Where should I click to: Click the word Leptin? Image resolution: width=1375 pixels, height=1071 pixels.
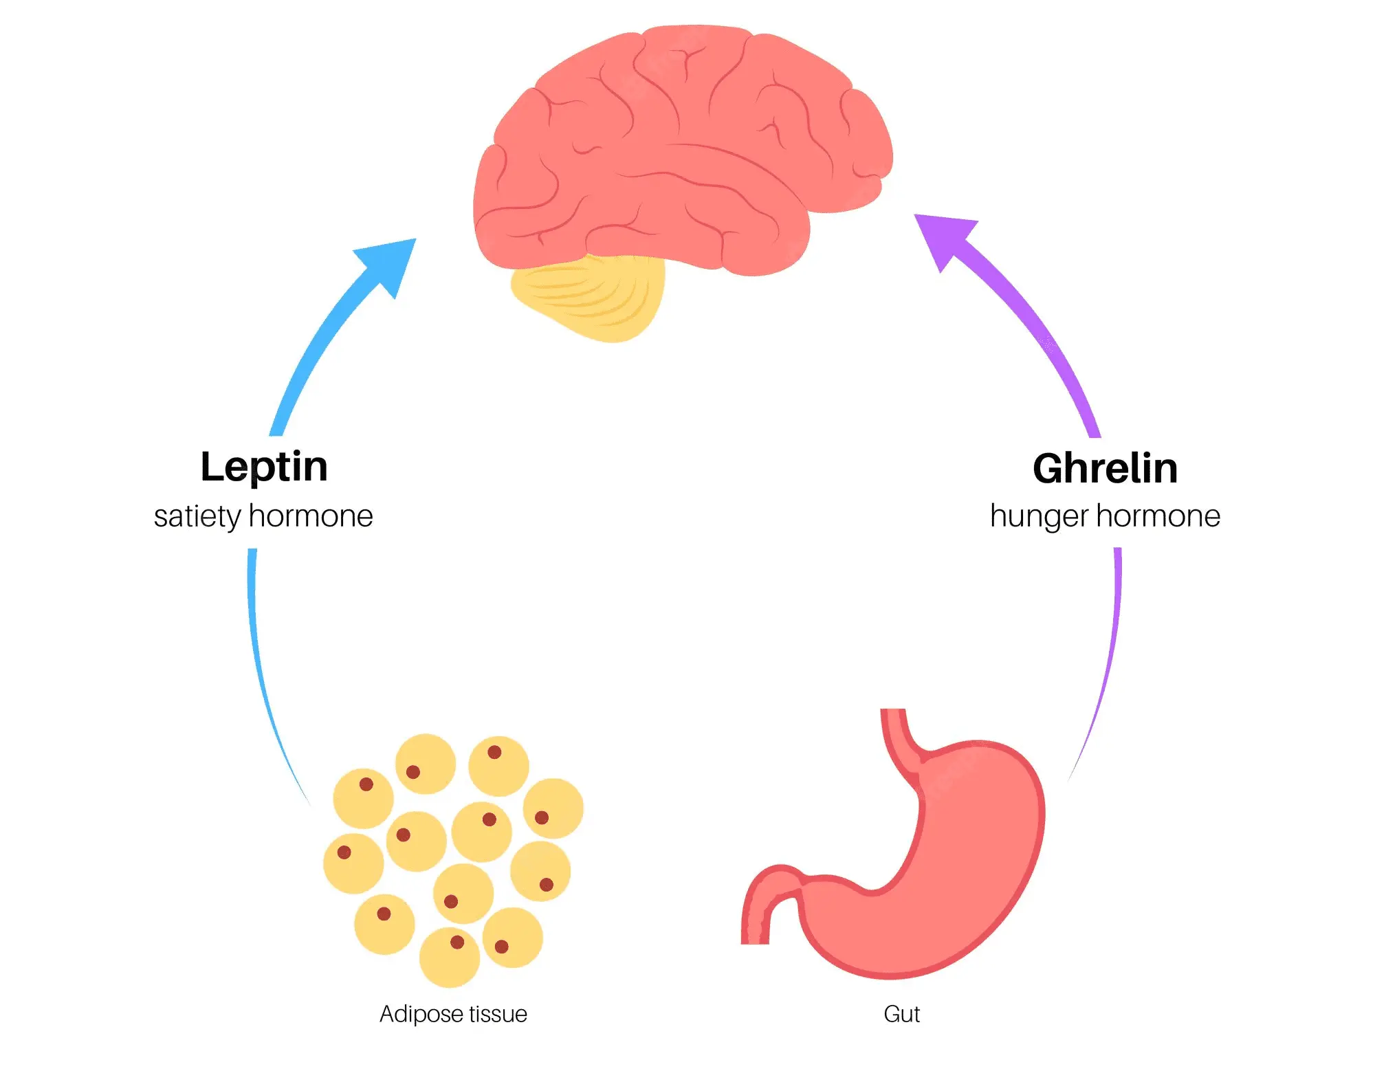click(x=264, y=467)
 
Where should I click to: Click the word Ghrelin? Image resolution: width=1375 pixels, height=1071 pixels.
click(x=1105, y=469)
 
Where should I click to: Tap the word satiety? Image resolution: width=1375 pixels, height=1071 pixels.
click(x=197, y=517)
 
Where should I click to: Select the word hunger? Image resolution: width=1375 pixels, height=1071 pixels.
click(x=1039, y=517)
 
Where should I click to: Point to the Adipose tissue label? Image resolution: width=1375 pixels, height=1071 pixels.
click(x=453, y=1014)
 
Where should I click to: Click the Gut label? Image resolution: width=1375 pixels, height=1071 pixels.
click(x=901, y=1014)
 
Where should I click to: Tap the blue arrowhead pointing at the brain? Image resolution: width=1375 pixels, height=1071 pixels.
click(x=389, y=264)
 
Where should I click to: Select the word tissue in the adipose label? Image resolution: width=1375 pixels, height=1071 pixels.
click(x=498, y=1014)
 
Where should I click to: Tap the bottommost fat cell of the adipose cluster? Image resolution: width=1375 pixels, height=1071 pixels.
click(x=450, y=957)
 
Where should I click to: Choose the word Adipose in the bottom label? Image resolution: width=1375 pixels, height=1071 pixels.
click(x=420, y=1014)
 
